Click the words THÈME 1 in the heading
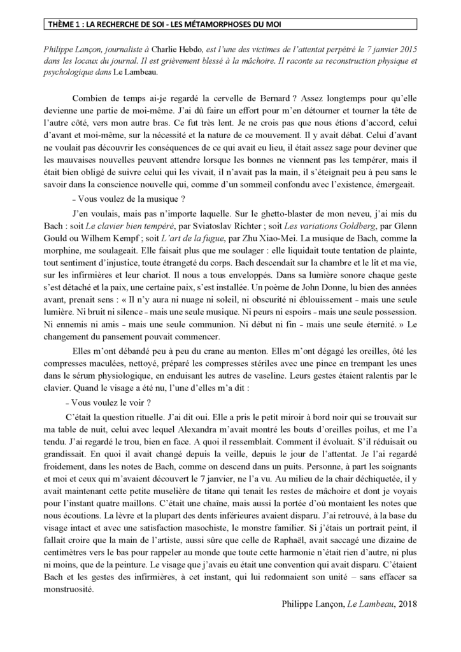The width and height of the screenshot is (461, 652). click(x=66, y=25)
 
